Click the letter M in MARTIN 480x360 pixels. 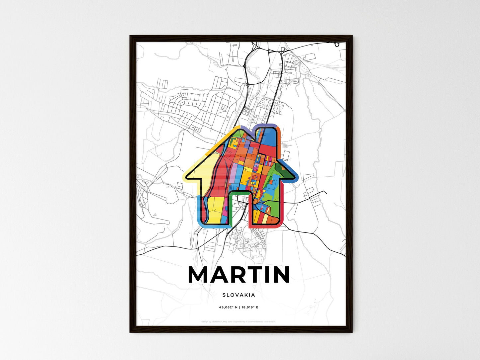200,275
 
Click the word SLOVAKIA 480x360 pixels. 239,295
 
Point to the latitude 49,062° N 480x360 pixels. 228,308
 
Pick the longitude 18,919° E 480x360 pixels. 249,308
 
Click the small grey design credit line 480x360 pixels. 239,321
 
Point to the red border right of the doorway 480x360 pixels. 250,213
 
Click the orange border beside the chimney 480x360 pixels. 280,139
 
